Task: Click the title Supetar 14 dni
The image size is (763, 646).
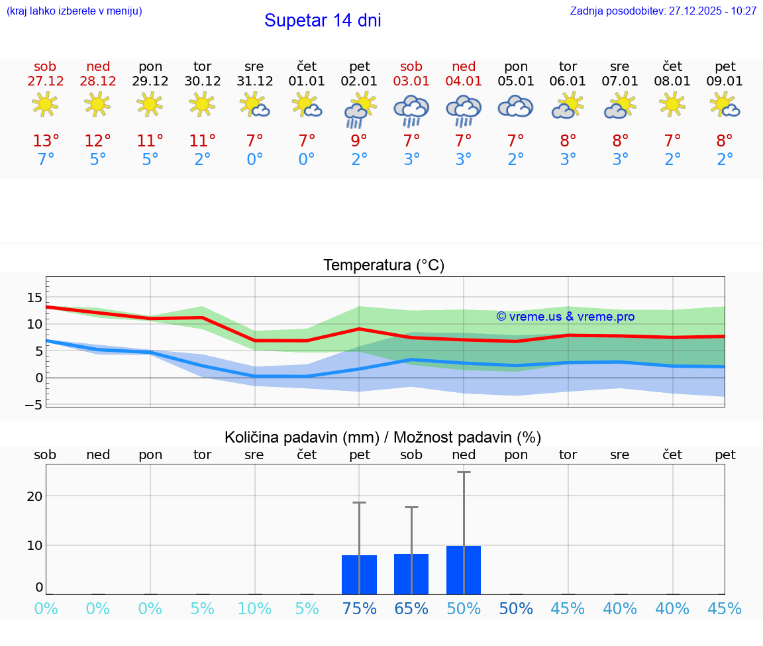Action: (323, 21)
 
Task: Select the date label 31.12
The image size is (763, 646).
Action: (255, 81)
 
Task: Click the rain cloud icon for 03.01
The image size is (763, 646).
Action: (411, 110)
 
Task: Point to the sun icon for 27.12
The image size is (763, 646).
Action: (45, 104)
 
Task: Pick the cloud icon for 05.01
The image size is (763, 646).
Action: (515, 107)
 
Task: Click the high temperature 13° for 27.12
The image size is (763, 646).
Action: (46, 141)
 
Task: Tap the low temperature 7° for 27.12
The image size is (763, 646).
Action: (46, 160)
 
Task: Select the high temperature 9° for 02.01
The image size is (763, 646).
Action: (359, 141)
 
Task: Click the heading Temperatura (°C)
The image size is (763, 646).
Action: (383, 266)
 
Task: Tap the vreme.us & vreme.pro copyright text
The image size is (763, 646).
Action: (566, 317)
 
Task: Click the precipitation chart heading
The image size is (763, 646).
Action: (383, 437)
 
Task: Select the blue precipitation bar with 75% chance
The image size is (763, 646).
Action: (359, 575)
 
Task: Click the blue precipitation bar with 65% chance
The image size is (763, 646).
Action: (411, 574)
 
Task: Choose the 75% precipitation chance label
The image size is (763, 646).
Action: (359, 609)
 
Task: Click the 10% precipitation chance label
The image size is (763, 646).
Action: (254, 609)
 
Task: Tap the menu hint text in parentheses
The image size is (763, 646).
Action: (74, 11)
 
